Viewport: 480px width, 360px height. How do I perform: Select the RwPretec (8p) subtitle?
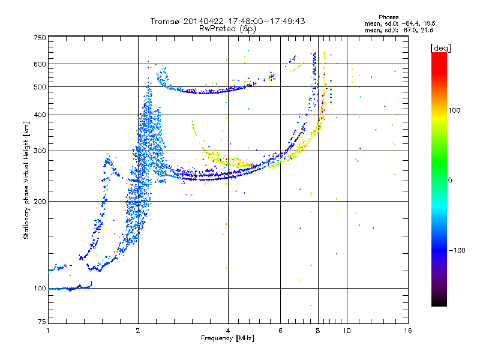coord(227,29)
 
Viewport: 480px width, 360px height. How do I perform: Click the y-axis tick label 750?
coord(40,38)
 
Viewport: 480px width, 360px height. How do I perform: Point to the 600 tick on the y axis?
coord(40,64)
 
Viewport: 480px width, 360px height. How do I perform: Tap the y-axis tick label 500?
coord(40,87)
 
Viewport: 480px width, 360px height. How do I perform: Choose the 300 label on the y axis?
coord(40,151)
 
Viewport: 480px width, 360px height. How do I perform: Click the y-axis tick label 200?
coord(40,202)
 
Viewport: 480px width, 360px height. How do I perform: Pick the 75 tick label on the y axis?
coord(42,322)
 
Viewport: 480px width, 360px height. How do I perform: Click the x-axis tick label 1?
coord(48,331)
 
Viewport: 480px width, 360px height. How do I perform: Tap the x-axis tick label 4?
coord(228,331)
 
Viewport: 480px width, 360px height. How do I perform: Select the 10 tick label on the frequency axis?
coord(347,331)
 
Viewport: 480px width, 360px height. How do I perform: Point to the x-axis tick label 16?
coord(408,331)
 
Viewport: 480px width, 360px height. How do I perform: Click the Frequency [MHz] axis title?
coord(227,338)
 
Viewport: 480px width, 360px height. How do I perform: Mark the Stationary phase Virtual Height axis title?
coord(26,181)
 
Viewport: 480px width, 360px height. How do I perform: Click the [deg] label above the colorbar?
coord(440,48)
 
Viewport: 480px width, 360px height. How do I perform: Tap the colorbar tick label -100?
coord(457,250)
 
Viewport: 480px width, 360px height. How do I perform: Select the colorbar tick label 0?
coord(450,181)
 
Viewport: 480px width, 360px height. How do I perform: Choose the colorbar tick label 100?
coord(454,110)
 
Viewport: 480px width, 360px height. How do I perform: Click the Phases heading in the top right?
coord(388,17)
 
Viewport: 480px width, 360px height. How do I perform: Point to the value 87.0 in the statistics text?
coord(410,30)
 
